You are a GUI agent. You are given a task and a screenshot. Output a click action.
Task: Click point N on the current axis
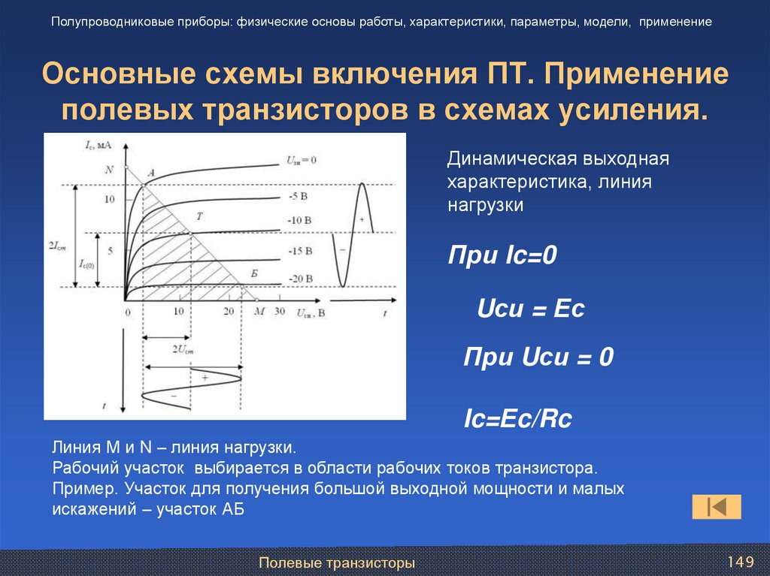(110, 169)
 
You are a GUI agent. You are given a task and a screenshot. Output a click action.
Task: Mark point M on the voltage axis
(259, 312)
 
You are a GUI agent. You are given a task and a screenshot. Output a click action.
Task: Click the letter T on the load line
(199, 216)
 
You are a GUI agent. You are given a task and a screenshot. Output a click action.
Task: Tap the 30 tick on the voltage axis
(280, 312)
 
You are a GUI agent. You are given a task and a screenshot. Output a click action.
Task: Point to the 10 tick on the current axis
(110, 200)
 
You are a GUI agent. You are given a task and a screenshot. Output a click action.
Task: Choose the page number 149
(740, 562)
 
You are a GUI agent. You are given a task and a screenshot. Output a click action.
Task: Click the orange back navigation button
(717, 507)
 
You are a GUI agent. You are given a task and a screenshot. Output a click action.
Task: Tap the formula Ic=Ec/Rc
(518, 419)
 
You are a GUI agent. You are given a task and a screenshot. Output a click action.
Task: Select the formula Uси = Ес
(531, 309)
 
